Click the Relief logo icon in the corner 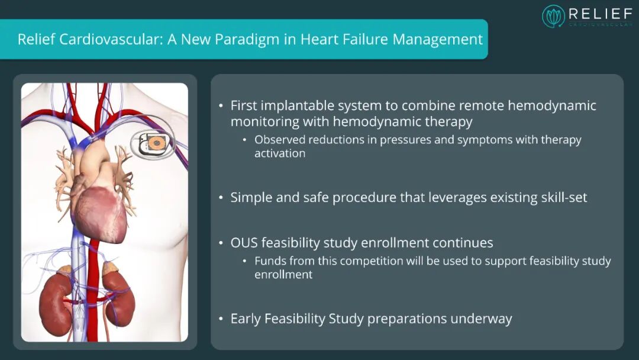(553, 17)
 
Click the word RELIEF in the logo (601, 14)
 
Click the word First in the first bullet (243, 105)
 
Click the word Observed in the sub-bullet (279, 139)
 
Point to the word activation (280, 153)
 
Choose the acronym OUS (244, 243)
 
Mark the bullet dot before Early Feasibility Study (221, 319)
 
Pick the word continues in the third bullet (463, 243)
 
